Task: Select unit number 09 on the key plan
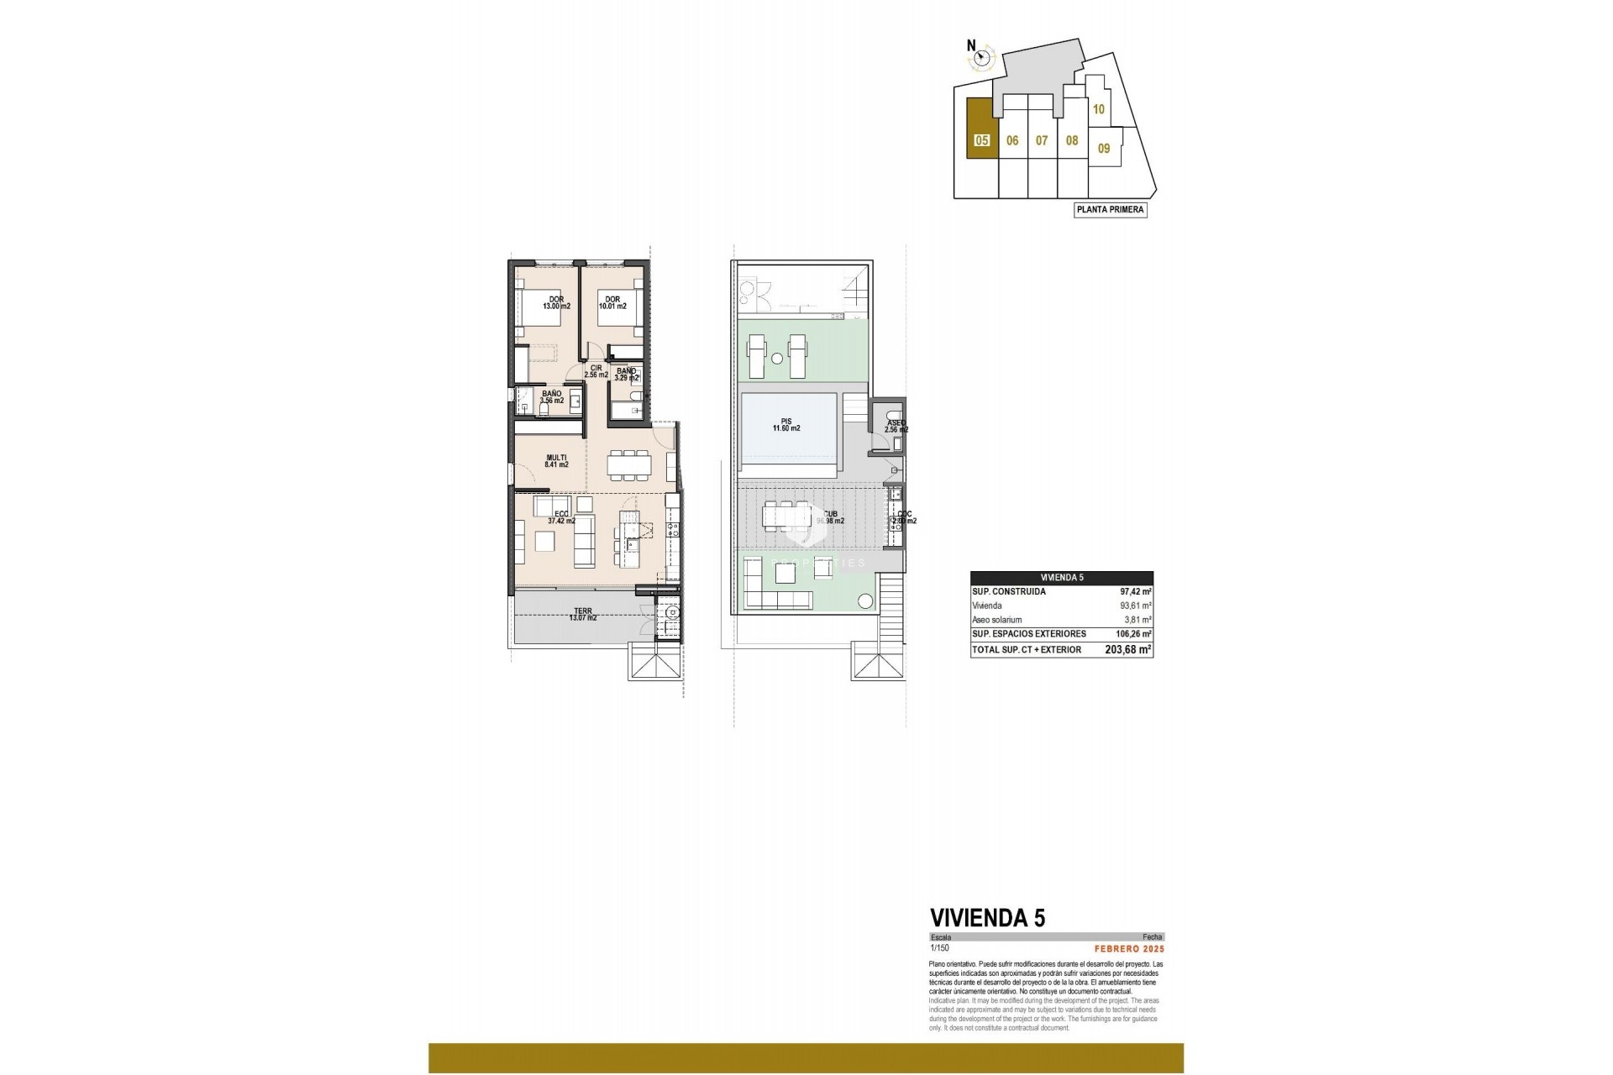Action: pos(1104,149)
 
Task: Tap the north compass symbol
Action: pos(982,58)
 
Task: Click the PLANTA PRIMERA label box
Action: pos(1111,210)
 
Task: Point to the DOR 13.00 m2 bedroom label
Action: pos(556,303)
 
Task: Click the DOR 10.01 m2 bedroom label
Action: pos(612,303)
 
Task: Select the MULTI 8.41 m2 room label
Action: pos(556,461)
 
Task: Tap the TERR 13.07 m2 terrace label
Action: pos(583,614)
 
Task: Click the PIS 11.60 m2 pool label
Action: pos(786,425)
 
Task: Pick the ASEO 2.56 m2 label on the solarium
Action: pos(896,427)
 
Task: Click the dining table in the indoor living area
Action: pos(629,464)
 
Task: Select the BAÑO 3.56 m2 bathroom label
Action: pos(551,397)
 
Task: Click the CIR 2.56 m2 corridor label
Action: pos(596,371)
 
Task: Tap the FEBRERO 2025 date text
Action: pos(1129,948)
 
